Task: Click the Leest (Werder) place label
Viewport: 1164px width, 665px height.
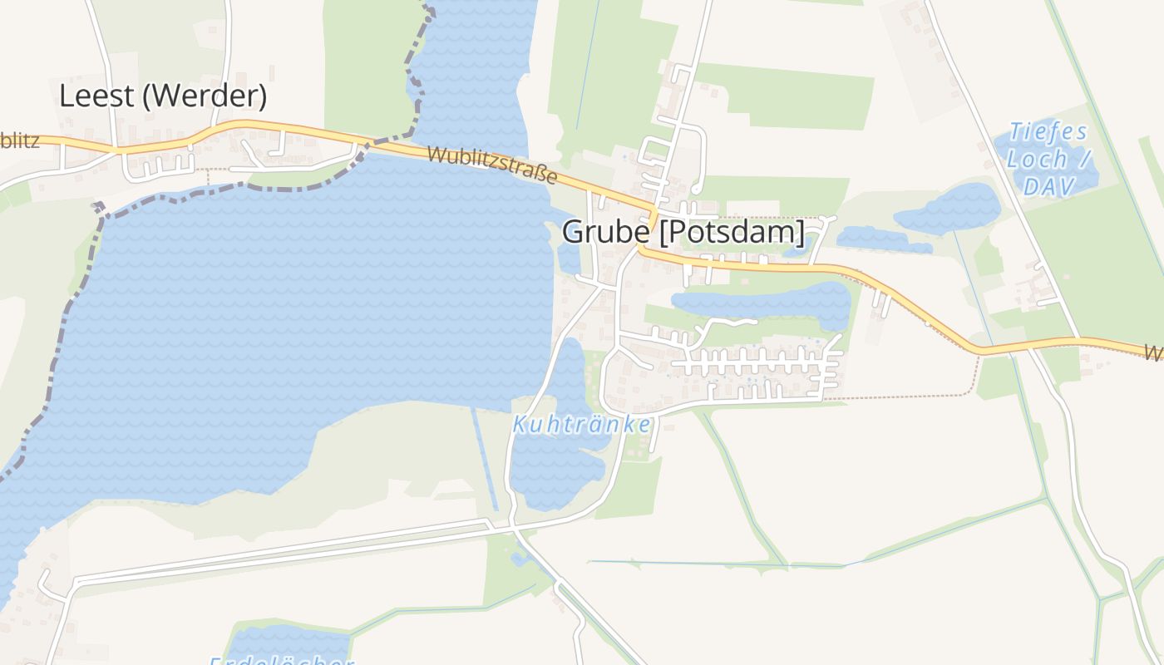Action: coord(163,96)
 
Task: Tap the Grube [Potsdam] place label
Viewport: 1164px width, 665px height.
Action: coord(683,232)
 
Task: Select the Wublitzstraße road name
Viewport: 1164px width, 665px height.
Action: coord(492,165)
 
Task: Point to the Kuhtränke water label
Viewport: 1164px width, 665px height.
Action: coord(582,425)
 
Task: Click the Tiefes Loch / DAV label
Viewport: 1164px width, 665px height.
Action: coord(1048,159)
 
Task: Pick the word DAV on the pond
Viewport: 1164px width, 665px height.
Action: coord(1049,186)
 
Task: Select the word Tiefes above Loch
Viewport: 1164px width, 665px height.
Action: coord(1048,132)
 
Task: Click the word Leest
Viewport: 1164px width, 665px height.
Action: coord(96,96)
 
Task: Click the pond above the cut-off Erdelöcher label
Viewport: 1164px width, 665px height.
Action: coord(287,641)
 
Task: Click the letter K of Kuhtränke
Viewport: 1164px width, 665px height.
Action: coord(519,425)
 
